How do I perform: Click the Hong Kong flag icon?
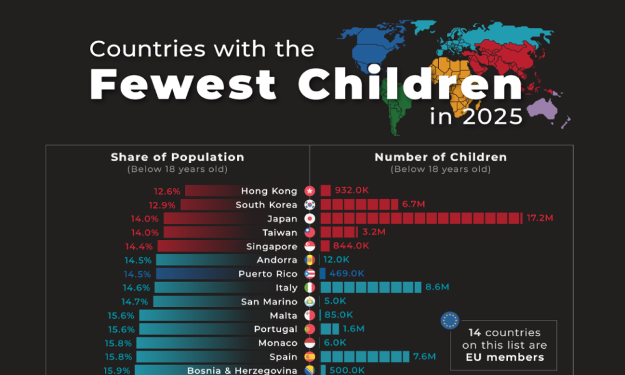coord(309,191)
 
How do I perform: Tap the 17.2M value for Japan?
coord(541,218)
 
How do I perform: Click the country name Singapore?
coord(272,246)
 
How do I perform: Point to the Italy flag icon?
coord(309,287)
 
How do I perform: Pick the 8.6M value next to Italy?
coord(437,287)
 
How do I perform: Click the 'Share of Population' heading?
coord(177,157)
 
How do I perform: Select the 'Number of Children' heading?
coord(441,157)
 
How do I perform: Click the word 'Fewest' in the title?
coord(184,84)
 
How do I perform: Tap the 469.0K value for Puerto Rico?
coord(347,274)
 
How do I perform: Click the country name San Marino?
coord(269,301)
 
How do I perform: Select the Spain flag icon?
coord(309,357)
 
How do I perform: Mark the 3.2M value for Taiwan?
coord(373,232)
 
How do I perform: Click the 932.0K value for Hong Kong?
coord(352,191)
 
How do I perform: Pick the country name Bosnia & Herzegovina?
coord(242,370)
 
